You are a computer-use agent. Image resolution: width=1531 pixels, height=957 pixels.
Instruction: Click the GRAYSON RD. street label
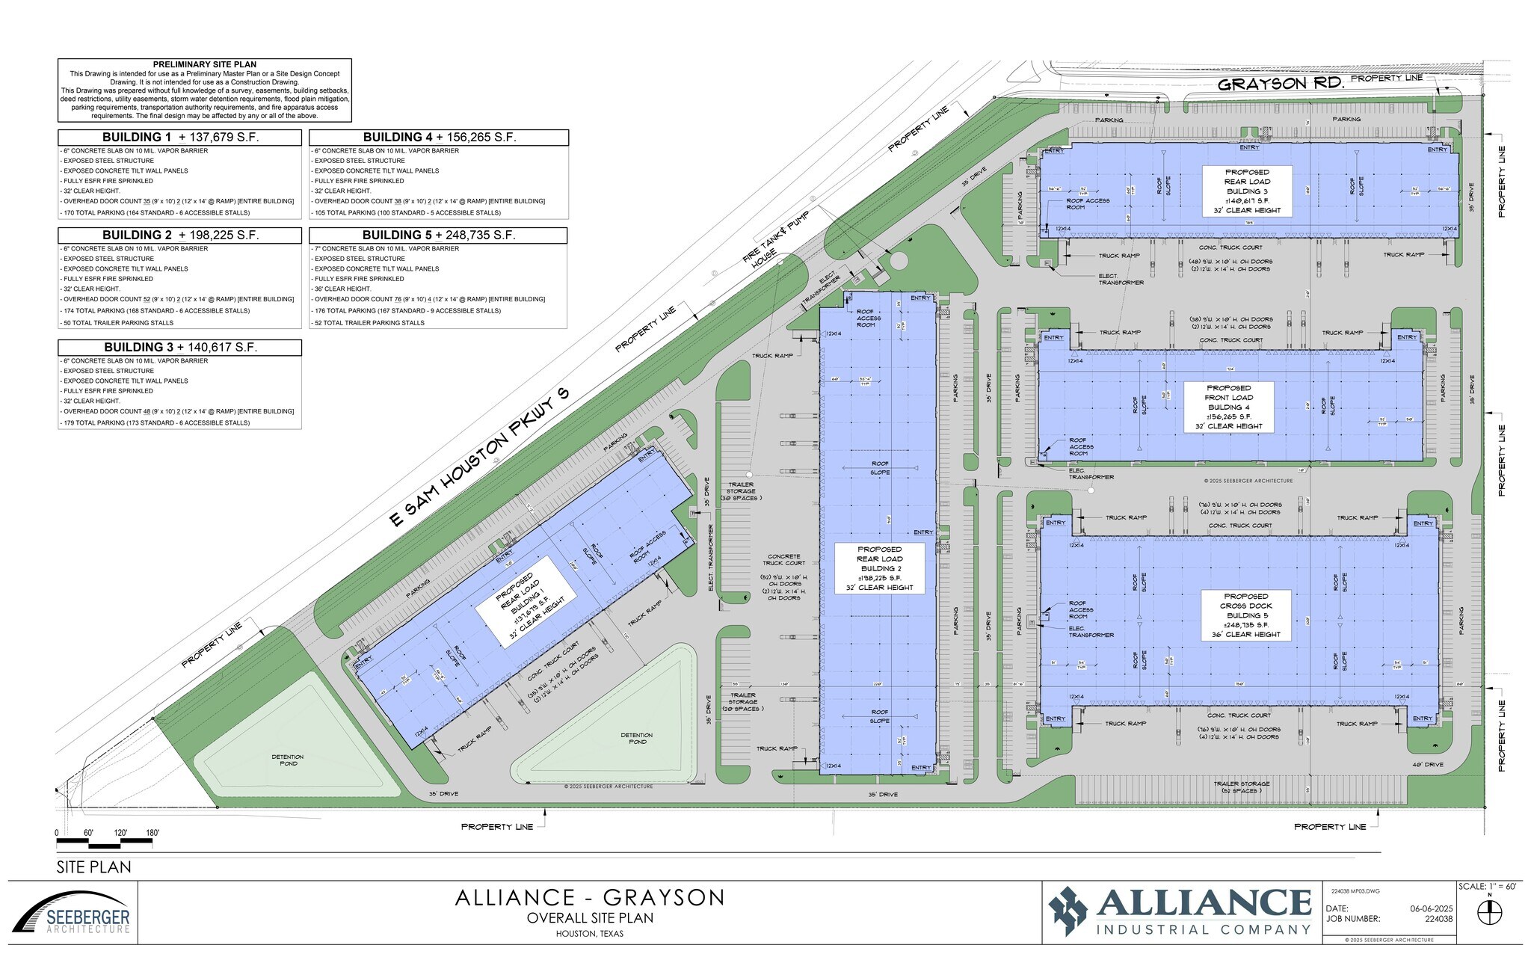(1281, 84)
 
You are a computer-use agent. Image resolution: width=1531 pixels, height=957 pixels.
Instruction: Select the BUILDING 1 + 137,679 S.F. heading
(180, 138)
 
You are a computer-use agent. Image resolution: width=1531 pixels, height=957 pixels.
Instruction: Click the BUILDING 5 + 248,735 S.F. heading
(439, 236)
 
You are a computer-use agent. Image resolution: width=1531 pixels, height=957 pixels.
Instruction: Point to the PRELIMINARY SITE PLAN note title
(204, 65)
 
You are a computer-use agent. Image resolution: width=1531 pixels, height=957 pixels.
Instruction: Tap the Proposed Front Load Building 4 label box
(1228, 407)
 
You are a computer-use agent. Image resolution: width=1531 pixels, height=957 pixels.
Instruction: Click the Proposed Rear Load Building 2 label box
(879, 568)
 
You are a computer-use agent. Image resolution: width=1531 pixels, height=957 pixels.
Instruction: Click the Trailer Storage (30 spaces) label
(739, 490)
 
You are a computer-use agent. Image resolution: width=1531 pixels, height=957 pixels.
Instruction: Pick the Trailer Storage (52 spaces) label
(1241, 787)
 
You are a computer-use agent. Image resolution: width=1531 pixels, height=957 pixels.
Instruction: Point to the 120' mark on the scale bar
(120, 833)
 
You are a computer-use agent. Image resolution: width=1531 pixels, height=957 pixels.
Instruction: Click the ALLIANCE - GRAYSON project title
(590, 897)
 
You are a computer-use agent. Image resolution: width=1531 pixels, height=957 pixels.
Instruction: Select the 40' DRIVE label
(1406, 765)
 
